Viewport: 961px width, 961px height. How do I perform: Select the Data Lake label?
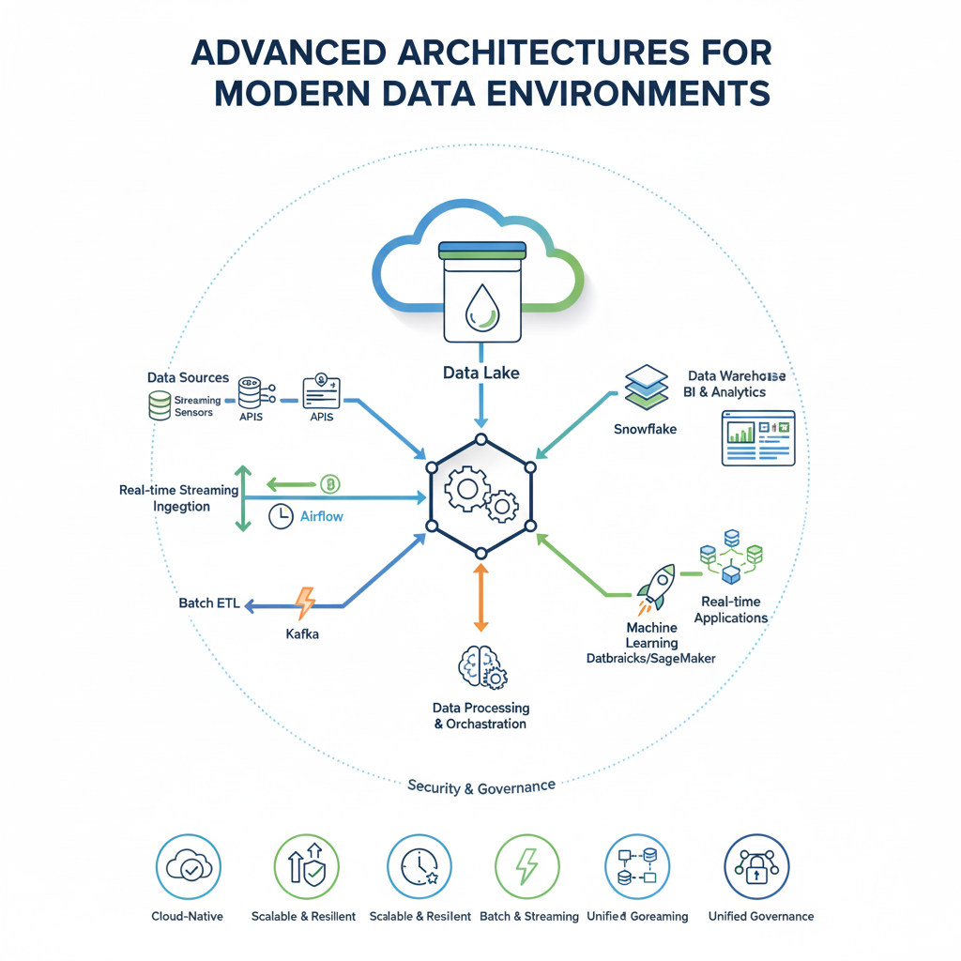pyautogui.click(x=480, y=374)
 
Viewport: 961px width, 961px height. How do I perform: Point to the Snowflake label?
pyautogui.click(x=645, y=430)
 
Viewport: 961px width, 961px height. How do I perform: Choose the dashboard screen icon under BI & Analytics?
pyautogui.click(x=758, y=437)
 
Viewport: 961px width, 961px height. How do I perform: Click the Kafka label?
pyautogui.click(x=302, y=634)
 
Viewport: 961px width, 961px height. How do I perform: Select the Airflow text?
pyautogui.click(x=322, y=516)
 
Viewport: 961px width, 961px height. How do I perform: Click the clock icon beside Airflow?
pyautogui.click(x=280, y=516)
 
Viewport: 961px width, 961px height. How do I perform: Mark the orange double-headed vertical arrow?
pyautogui.click(x=480, y=597)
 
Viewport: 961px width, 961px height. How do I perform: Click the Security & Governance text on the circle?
pyautogui.click(x=481, y=786)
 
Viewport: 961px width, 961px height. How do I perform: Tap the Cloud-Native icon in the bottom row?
pyautogui.click(x=187, y=867)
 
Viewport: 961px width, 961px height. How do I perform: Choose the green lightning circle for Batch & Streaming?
pyautogui.click(x=526, y=867)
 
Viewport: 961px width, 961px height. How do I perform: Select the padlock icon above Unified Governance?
pyautogui.click(x=757, y=867)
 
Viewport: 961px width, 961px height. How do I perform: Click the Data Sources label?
pyautogui.click(x=188, y=377)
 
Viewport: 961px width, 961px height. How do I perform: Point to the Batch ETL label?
pyautogui.click(x=208, y=603)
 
